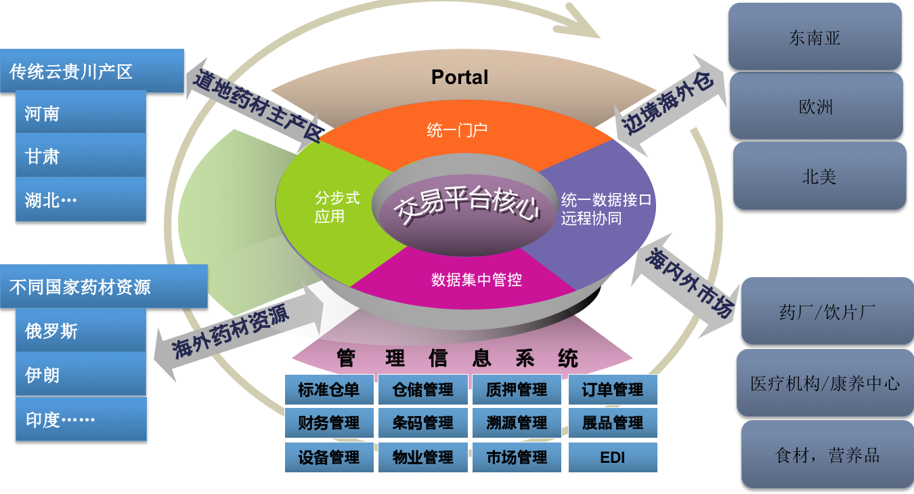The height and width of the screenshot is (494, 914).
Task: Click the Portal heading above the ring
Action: [x=459, y=77]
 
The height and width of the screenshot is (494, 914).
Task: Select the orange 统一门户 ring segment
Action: [x=457, y=130]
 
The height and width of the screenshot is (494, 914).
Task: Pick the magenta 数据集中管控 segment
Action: [x=476, y=279]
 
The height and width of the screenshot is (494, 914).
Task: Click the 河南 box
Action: [x=81, y=112]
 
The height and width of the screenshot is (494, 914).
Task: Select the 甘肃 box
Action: [x=81, y=156]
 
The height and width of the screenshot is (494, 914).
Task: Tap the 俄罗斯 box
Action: [x=81, y=331]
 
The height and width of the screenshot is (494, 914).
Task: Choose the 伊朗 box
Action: [x=81, y=374]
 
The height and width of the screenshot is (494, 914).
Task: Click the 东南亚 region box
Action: [x=814, y=37]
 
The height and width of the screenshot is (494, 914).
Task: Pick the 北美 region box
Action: [x=819, y=176]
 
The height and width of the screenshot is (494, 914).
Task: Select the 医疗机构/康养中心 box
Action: [x=825, y=383]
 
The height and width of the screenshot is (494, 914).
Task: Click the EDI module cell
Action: [x=612, y=457]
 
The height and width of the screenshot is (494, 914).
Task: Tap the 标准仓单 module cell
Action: [x=328, y=390]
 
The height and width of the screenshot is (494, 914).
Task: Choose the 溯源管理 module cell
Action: [x=517, y=424]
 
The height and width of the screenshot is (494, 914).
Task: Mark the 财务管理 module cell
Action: [x=328, y=424]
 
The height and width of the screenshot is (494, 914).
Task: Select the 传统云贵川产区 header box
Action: [x=91, y=71]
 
